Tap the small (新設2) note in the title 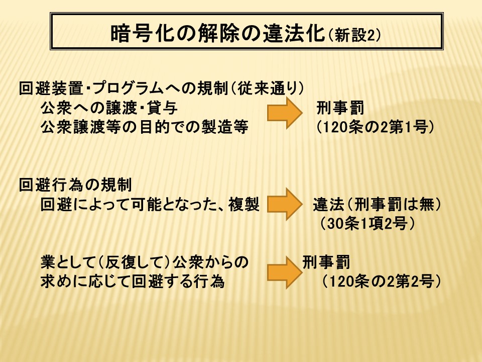coord(354,35)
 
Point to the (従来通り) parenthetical coord(267,88)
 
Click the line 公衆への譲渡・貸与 coord(109,108)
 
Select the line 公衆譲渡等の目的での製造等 coord(145,127)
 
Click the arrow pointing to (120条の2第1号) coord(285,113)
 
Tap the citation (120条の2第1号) coord(376,127)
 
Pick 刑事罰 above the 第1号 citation coord(340,108)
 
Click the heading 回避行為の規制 coord(75,185)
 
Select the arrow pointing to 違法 coord(285,204)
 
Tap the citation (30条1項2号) coord(368,223)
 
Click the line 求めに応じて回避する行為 coord(133,282)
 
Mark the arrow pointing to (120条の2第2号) coord(285,273)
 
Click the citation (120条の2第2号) coord(382,282)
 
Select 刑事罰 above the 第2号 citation coord(326,262)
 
